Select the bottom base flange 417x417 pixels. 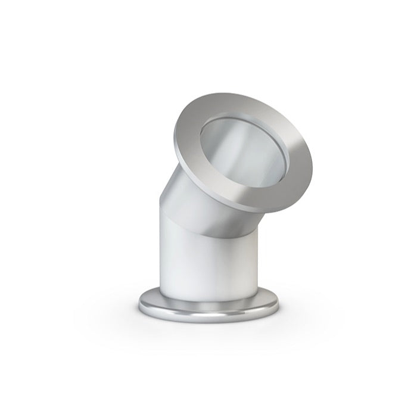point(208,307)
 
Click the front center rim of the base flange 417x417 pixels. point(208,318)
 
